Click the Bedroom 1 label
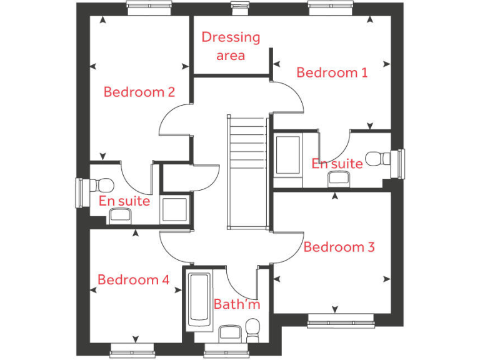[x=332, y=72]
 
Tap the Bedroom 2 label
[x=139, y=92]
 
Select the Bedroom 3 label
[x=339, y=247]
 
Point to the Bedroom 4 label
[x=133, y=280]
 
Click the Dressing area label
[x=231, y=46]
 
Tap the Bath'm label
[x=236, y=304]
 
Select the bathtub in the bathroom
[x=200, y=300]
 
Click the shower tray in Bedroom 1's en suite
[x=288, y=154]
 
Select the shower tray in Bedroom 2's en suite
[x=174, y=210]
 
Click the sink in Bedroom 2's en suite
[x=120, y=216]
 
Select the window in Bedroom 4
[x=132, y=348]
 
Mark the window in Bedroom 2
[x=148, y=7]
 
